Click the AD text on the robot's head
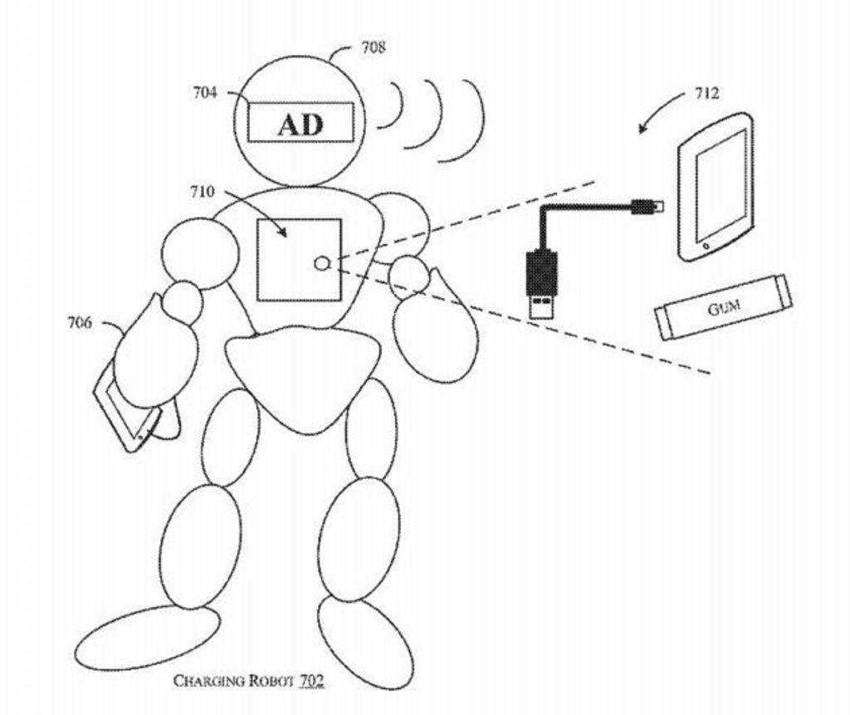(x=300, y=125)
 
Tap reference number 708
(x=373, y=47)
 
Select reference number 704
(x=205, y=93)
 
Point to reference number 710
(x=202, y=193)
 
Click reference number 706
(x=80, y=323)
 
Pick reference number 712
(x=706, y=94)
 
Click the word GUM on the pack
(x=724, y=309)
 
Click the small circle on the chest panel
(x=323, y=264)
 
